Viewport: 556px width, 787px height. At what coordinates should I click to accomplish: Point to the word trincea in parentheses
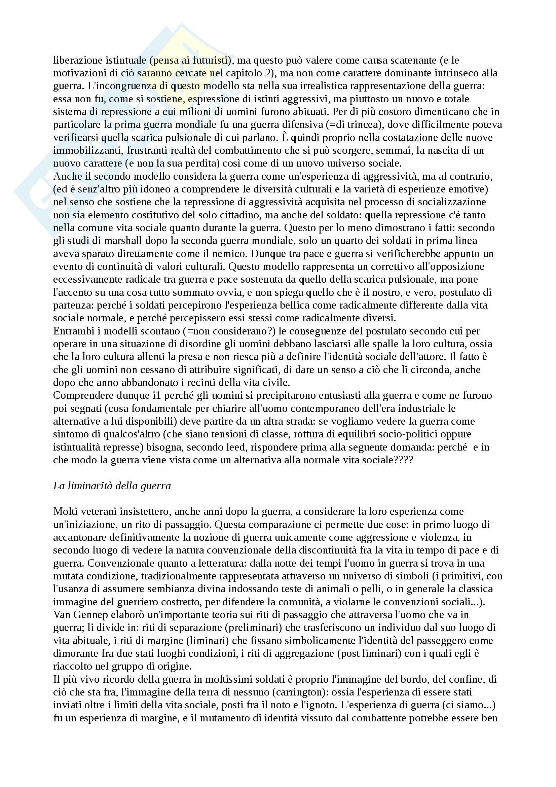click(x=363, y=125)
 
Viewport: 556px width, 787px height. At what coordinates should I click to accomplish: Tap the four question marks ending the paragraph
click(x=405, y=460)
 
